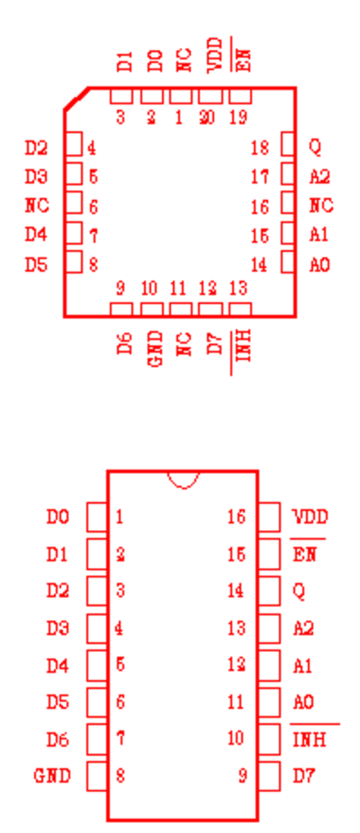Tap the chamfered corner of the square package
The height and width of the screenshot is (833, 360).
(76, 98)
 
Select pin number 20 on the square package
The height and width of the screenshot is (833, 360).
(207, 118)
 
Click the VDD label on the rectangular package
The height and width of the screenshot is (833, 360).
(310, 516)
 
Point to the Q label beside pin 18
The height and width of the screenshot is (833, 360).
(315, 147)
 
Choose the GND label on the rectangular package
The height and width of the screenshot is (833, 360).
(52, 776)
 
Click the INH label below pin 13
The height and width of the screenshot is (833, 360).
(242, 345)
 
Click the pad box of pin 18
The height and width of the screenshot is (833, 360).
(288, 145)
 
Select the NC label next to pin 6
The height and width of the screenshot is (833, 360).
(37, 205)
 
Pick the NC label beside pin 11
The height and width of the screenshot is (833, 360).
(184, 345)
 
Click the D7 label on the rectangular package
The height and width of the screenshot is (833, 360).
(303, 776)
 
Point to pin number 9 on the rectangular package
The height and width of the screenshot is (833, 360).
(242, 776)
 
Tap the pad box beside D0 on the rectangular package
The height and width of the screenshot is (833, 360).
(97, 517)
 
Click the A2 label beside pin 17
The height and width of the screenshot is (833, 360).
(319, 176)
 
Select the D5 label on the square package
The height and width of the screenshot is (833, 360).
(36, 264)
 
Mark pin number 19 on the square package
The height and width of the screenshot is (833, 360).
(238, 118)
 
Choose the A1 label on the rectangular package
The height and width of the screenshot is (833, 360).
(302, 665)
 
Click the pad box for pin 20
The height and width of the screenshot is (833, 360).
(211, 96)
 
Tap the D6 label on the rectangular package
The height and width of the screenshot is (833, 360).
(58, 739)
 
